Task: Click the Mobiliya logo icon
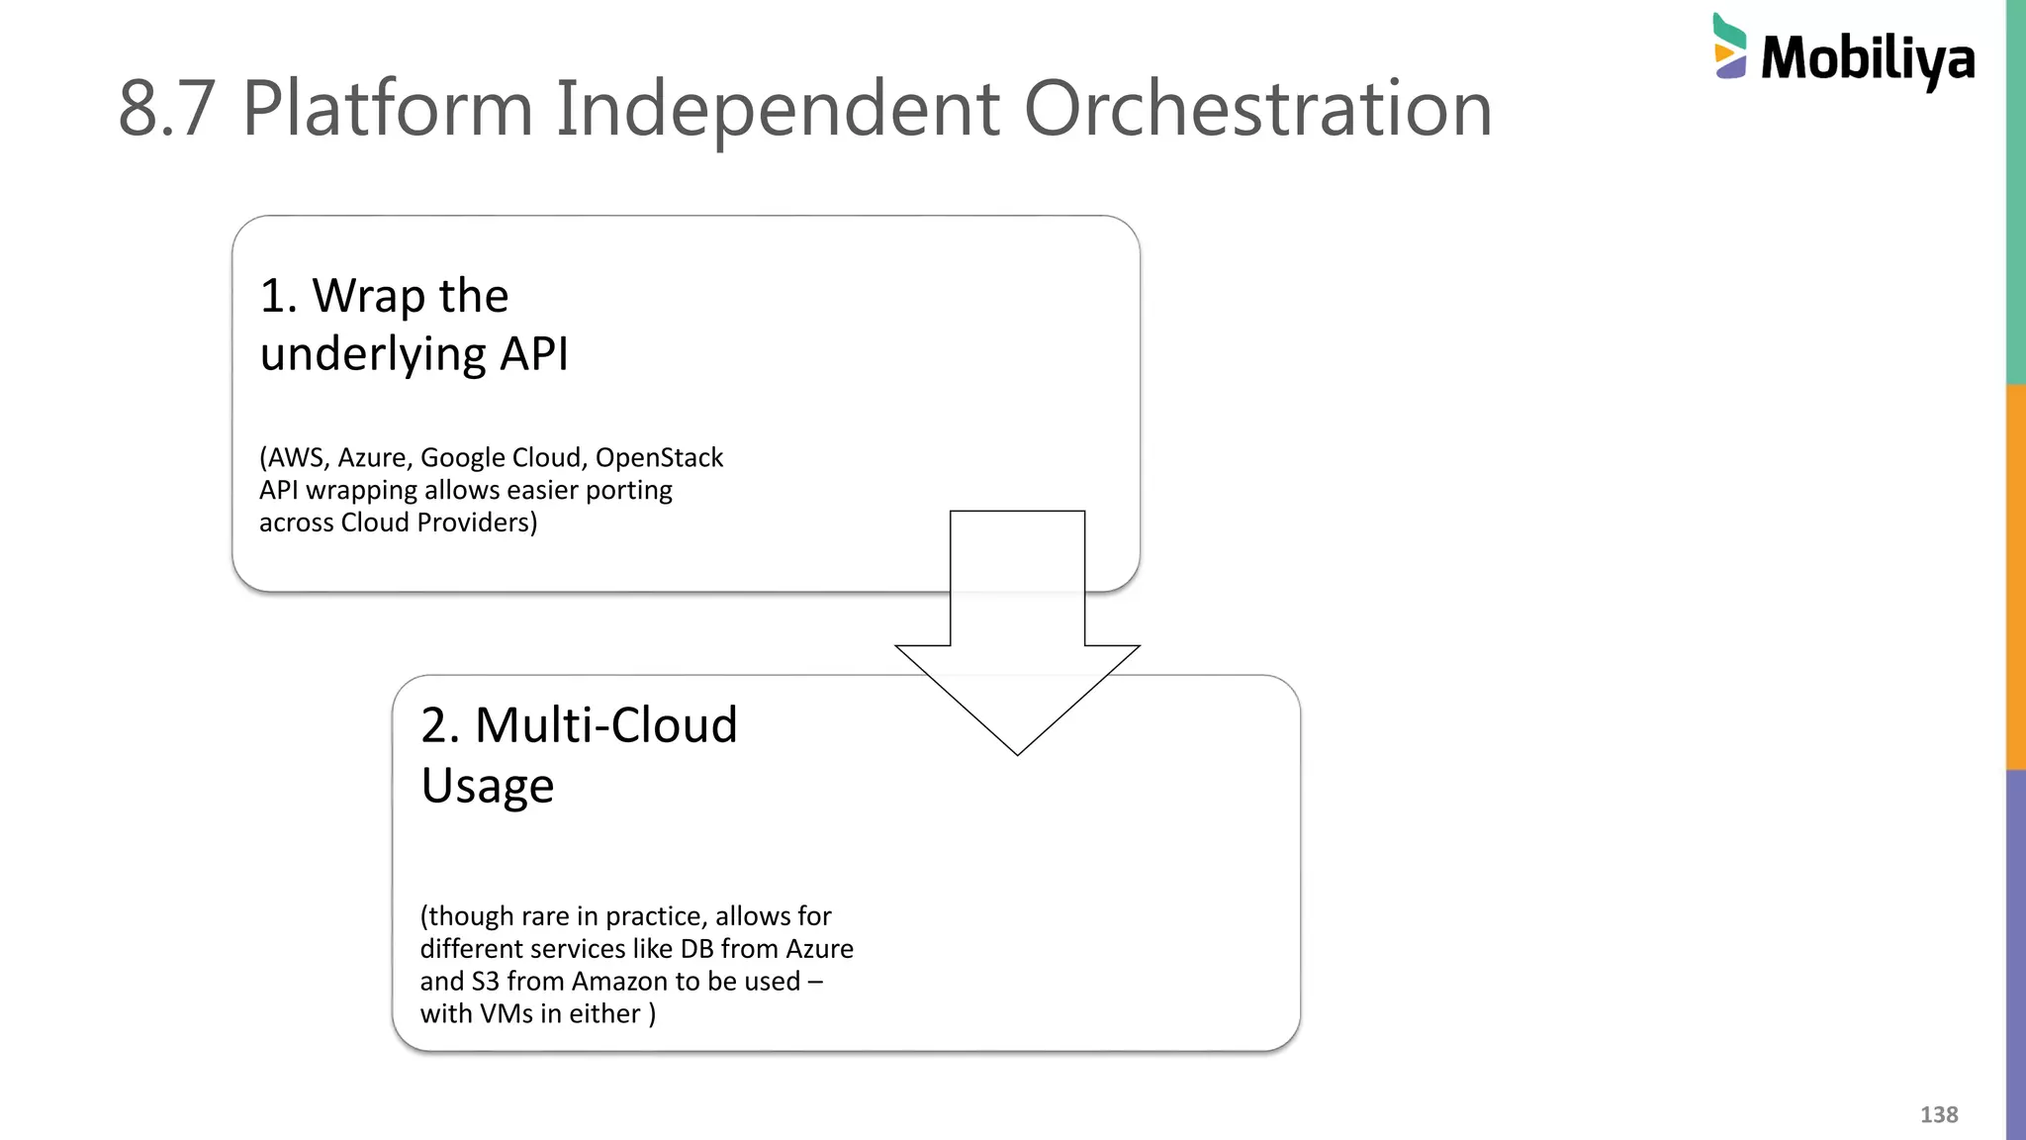(1730, 47)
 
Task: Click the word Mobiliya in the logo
(1868, 59)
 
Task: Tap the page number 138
(1938, 1114)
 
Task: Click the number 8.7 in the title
(166, 108)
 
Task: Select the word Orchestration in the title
(1256, 108)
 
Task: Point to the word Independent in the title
(777, 108)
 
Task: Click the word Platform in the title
(387, 108)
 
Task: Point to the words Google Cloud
(501, 458)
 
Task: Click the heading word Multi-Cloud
(605, 725)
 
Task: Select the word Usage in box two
(487, 786)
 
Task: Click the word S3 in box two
(485, 982)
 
